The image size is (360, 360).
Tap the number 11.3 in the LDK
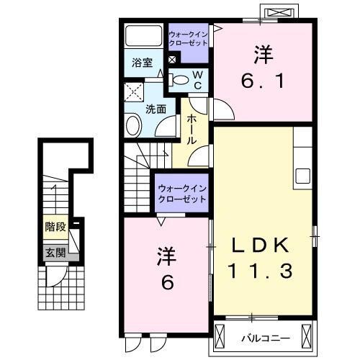[261, 271]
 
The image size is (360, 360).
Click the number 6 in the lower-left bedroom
[166, 282]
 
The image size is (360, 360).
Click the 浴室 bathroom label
[141, 63]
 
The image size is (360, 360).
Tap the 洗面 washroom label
[156, 109]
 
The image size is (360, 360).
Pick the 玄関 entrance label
[55, 252]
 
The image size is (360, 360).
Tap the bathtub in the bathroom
[144, 36]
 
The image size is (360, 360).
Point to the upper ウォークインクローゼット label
[188, 37]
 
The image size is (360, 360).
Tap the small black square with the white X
[172, 60]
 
